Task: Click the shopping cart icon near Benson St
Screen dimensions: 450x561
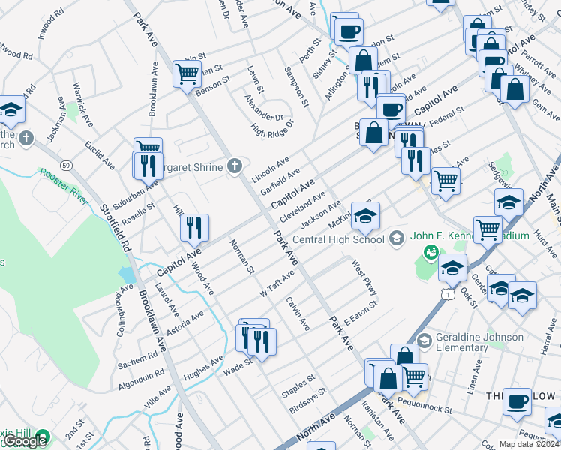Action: [187, 73]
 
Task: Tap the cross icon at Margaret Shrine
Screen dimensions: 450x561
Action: [235, 166]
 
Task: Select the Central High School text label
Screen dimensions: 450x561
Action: [338, 240]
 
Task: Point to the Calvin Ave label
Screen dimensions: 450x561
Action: [297, 314]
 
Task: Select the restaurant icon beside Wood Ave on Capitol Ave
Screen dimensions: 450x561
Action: [194, 227]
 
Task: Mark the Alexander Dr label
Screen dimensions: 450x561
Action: [263, 107]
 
